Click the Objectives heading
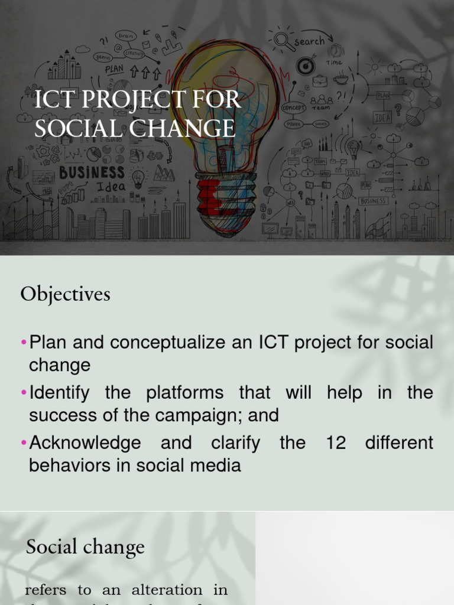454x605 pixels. (65, 294)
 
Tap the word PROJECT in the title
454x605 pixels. (127, 100)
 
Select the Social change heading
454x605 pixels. (85, 547)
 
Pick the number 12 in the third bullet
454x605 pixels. (336, 443)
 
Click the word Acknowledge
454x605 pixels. (85, 443)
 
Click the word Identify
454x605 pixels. (60, 393)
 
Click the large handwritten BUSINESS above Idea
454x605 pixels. (92, 173)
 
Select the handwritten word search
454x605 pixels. (309, 41)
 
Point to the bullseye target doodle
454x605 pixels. (304, 66)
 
